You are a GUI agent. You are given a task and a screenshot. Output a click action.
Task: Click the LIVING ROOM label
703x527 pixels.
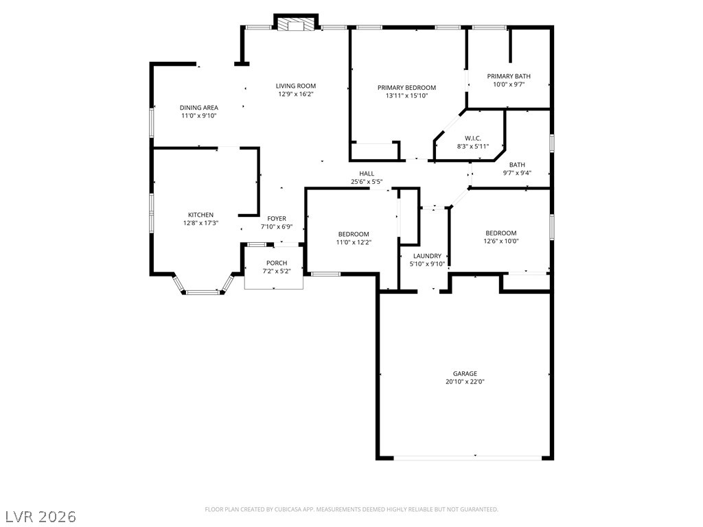click(x=295, y=86)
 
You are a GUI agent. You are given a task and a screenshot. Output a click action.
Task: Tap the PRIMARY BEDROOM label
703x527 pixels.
click(x=406, y=87)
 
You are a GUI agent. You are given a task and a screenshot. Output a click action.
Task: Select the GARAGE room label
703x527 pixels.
click(x=465, y=373)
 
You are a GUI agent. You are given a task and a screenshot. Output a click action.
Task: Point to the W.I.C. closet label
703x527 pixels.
click(x=473, y=139)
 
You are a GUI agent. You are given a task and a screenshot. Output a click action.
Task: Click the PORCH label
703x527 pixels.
click(x=277, y=263)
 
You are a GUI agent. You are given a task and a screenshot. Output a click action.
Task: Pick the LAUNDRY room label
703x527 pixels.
click(x=427, y=256)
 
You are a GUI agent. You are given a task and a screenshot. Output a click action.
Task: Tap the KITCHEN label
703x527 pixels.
click(x=201, y=215)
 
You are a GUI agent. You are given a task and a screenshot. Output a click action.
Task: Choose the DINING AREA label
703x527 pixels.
click(x=199, y=108)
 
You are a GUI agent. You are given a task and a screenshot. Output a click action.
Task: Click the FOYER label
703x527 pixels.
click(x=277, y=219)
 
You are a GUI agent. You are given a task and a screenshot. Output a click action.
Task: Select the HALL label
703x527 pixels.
click(x=367, y=174)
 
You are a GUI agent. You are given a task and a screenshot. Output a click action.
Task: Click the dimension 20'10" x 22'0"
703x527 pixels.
click(x=465, y=382)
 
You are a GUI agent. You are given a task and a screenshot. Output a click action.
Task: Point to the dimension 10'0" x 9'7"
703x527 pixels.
click(x=509, y=84)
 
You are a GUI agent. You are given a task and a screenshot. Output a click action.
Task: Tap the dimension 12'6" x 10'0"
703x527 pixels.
click(x=500, y=241)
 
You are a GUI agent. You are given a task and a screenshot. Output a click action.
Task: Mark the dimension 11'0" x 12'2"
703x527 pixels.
click(x=354, y=242)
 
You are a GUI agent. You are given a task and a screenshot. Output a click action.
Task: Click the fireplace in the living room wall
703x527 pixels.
click(x=296, y=24)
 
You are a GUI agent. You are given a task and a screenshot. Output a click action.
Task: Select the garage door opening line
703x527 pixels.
click(x=468, y=458)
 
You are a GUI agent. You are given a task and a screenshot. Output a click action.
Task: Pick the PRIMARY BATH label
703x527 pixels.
click(x=509, y=76)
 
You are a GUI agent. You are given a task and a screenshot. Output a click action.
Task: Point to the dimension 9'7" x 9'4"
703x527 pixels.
click(x=517, y=173)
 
